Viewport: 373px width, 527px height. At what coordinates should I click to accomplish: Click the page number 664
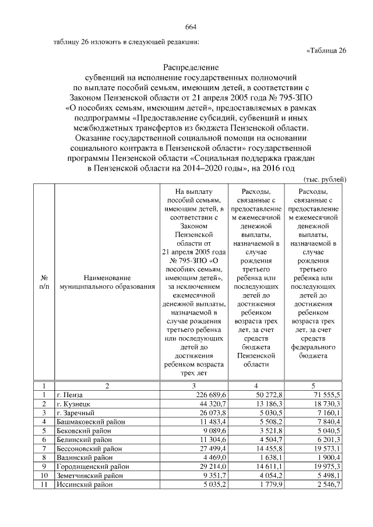191,27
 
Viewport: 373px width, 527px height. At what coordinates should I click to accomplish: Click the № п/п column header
43,283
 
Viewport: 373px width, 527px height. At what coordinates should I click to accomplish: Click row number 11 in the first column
43,484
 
